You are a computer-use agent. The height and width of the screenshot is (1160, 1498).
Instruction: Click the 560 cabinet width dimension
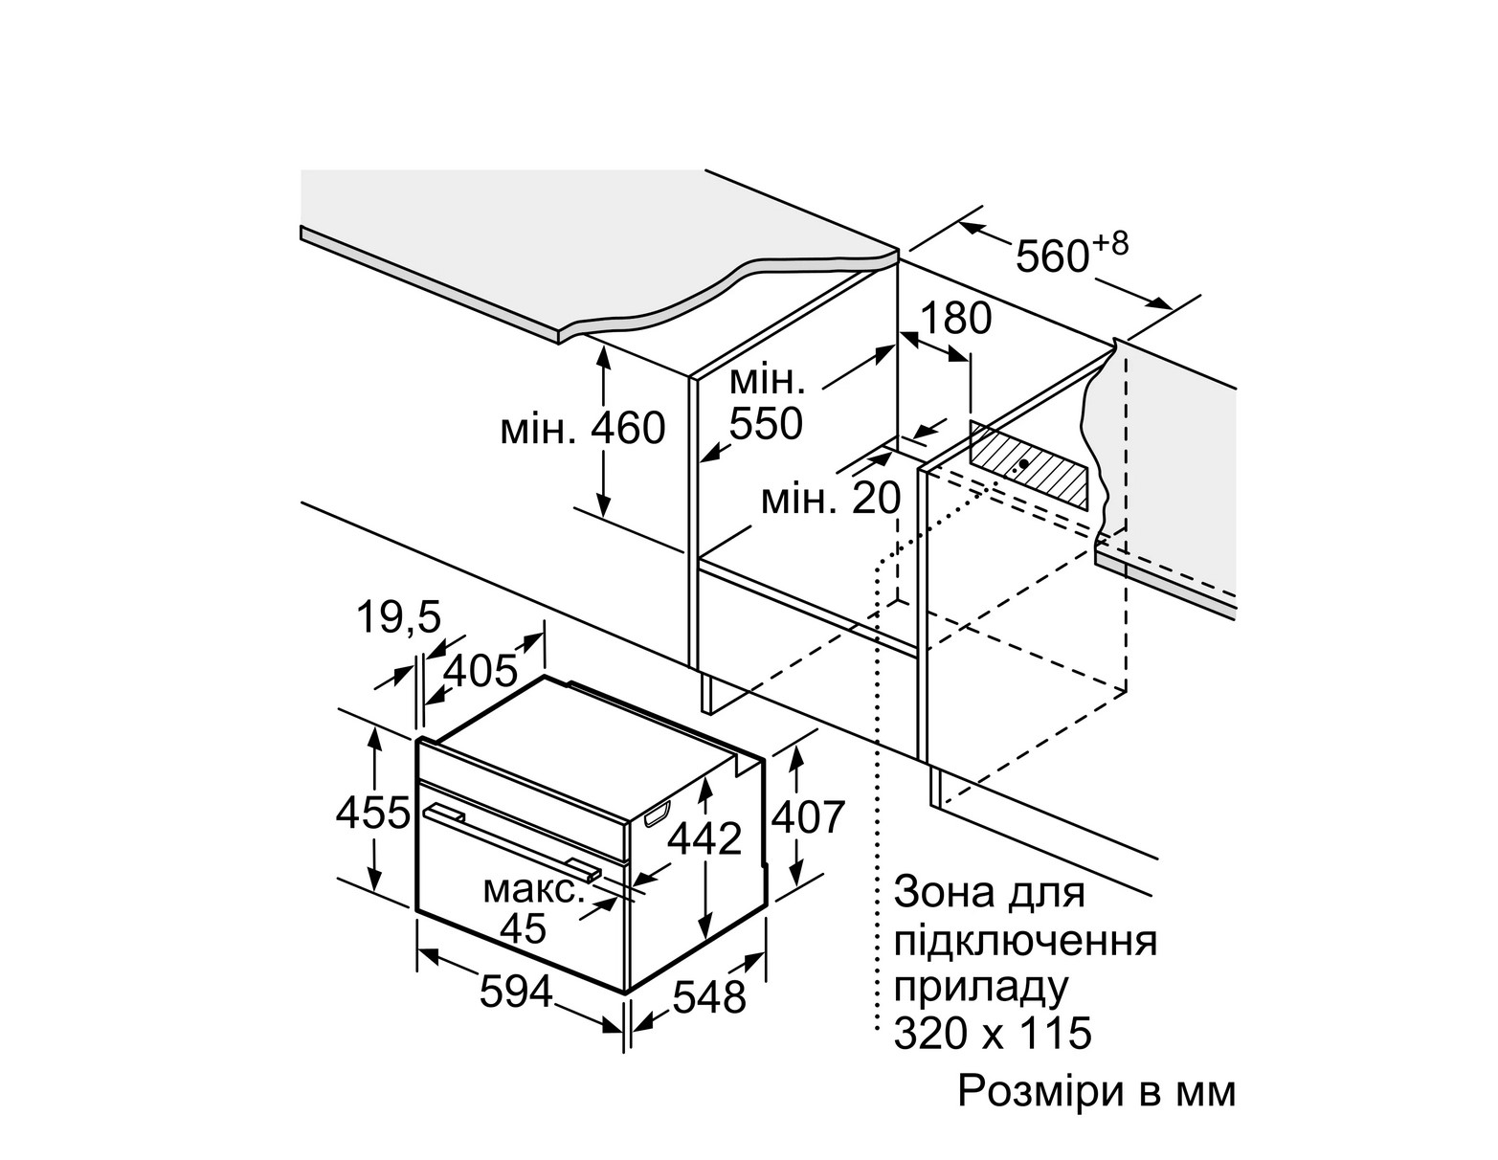tap(1050, 257)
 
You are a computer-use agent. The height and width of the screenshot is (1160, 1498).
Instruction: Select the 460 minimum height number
tap(628, 429)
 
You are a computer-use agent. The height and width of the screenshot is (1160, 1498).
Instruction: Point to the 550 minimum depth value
tap(765, 422)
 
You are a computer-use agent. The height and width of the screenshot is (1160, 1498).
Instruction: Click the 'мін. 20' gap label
tap(831, 499)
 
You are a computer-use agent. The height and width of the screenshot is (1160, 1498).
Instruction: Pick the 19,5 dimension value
tap(399, 618)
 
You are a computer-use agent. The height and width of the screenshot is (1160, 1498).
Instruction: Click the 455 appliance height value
tap(372, 814)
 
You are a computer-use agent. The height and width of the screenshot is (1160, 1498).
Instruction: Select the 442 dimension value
tap(704, 839)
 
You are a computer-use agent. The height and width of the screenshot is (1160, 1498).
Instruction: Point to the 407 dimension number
tap(809, 816)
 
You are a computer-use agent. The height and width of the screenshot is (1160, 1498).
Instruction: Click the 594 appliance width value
tap(516, 992)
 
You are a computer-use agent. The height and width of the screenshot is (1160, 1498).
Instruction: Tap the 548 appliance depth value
tap(708, 998)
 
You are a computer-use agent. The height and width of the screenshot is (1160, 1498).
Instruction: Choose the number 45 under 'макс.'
tap(523, 928)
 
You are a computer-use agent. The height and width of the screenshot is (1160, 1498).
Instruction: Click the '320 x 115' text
tap(992, 1034)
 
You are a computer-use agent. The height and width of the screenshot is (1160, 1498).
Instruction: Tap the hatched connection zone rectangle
tap(1029, 466)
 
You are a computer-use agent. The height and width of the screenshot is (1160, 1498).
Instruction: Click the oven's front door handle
tap(513, 840)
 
